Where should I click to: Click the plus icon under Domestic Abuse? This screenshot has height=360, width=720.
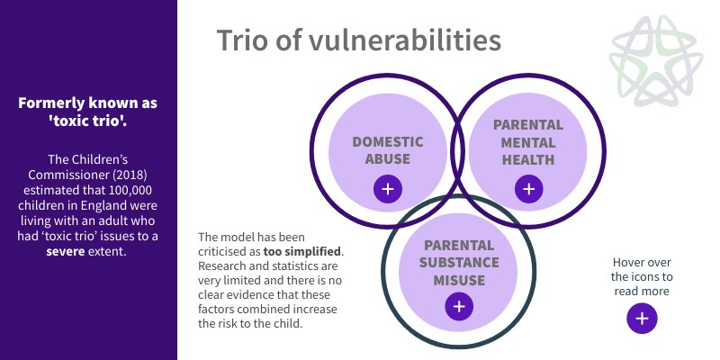click(x=388, y=189)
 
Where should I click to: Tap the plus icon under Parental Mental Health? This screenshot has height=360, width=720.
click(x=528, y=189)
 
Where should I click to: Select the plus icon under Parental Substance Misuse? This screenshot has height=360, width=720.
click(x=459, y=306)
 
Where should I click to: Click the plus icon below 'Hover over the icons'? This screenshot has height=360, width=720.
click(x=642, y=319)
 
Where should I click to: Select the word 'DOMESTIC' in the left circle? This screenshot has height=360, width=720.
click(x=388, y=142)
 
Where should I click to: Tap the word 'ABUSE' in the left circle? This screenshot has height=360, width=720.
click(x=388, y=159)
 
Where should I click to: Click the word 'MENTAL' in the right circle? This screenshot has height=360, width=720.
click(x=528, y=142)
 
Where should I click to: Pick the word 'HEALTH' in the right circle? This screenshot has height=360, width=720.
click(x=528, y=160)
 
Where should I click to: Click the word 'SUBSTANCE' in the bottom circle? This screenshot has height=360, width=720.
click(x=459, y=262)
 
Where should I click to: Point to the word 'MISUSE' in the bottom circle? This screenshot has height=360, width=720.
click(x=459, y=280)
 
